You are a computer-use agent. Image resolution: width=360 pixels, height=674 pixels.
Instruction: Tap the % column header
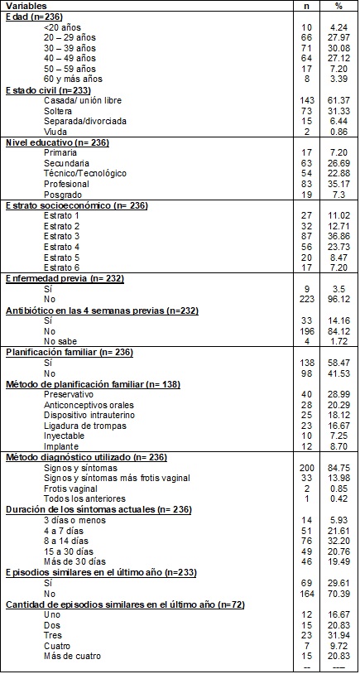[338, 5]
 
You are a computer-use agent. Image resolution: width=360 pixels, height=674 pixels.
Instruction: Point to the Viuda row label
[56, 131]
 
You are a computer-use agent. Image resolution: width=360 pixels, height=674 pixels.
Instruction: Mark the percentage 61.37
[338, 101]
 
